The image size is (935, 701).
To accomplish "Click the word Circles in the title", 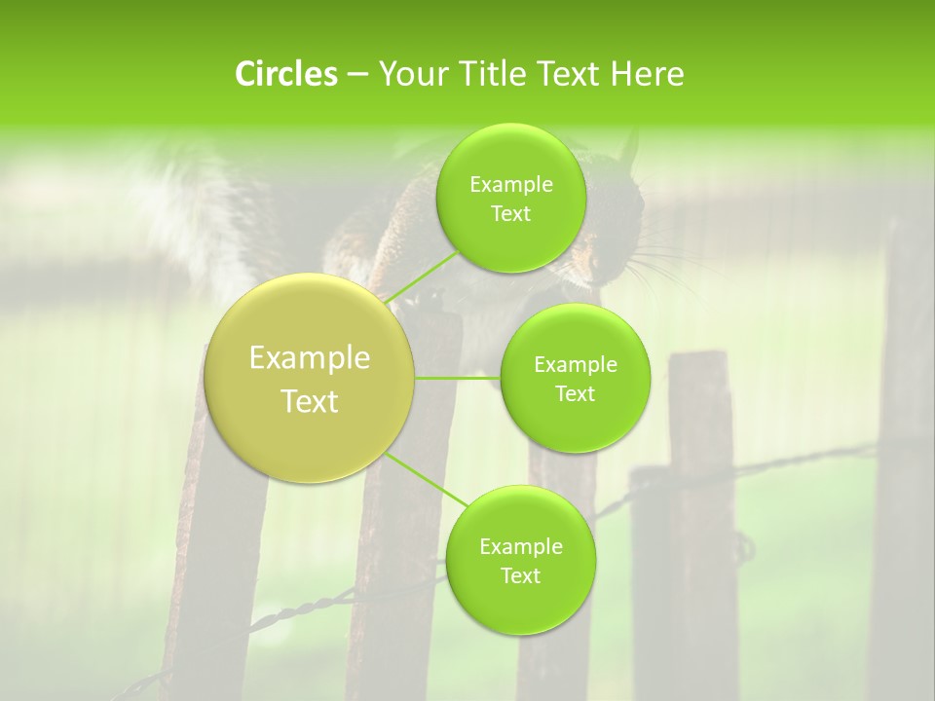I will pos(286,74).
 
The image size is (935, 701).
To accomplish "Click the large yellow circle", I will pos(310,378).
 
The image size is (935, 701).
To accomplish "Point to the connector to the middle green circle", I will pos(458,377).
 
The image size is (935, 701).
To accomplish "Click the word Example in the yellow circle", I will pos(310,358).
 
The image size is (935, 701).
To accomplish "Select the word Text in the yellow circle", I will pos(310,401).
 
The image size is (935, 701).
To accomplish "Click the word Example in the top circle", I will pos(511,185).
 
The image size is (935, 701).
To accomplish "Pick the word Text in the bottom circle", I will pos(520,575).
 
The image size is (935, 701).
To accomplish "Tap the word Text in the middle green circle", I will pos(575,393).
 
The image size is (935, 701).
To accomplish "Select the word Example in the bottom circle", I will pos(520,547).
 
